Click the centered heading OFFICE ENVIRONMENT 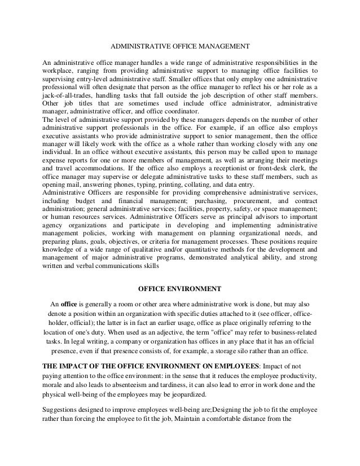click(x=180, y=289)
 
